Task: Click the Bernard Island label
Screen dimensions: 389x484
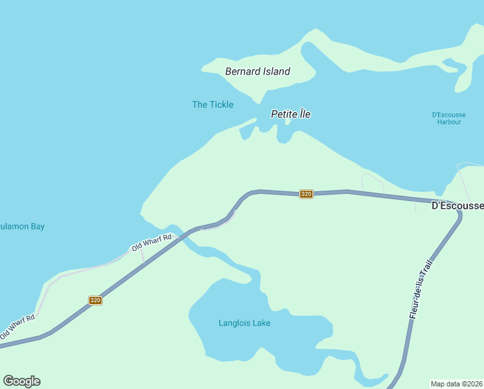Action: point(258,71)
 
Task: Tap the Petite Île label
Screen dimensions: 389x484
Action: point(291,114)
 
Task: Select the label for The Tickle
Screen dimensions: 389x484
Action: point(213,104)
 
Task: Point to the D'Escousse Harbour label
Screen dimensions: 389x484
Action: point(447,118)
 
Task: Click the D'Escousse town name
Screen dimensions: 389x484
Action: point(457,206)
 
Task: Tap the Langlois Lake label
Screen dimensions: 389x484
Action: point(245,323)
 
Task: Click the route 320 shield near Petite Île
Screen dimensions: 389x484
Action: point(307,194)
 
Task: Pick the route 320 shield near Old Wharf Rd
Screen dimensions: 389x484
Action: point(95,300)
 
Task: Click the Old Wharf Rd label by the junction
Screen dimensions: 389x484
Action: point(151,242)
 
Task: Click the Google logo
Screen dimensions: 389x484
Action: point(21,381)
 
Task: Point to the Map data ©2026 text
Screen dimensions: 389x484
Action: point(457,383)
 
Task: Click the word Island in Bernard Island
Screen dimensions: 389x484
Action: point(276,71)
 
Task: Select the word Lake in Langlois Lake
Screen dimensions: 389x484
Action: point(261,323)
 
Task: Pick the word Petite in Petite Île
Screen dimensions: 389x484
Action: point(283,114)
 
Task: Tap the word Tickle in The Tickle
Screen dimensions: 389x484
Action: point(221,104)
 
